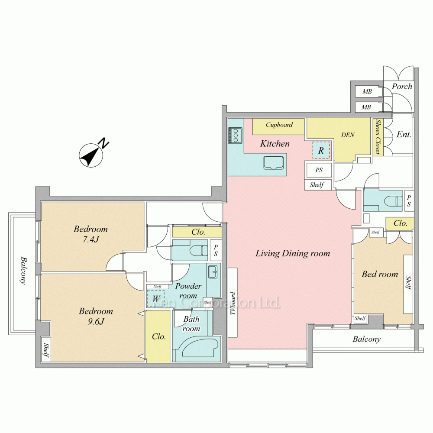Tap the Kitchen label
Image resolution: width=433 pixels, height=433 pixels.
click(275, 144)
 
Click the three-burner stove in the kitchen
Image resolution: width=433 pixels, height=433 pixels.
click(235, 135)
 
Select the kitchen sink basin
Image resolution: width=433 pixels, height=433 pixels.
click(273, 163)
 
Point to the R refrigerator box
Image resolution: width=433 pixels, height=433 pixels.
click(321, 150)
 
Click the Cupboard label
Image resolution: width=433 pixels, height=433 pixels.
click(279, 125)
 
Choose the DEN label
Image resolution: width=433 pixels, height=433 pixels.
click(348, 135)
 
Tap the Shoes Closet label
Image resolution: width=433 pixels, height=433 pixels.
click(378, 136)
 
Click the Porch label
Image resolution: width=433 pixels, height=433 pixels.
click(402, 87)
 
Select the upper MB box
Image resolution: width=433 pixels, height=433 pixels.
click(367, 91)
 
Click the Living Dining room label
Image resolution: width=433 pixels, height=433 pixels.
click(293, 253)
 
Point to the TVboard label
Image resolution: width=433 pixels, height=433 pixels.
click(233, 303)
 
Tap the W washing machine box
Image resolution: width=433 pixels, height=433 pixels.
click(156, 298)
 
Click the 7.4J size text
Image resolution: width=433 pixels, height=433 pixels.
click(90, 239)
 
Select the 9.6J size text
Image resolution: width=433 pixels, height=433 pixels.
click(96, 321)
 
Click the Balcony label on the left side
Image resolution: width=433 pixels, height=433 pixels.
click(24, 270)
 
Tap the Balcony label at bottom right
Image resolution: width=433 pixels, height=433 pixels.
click(366, 339)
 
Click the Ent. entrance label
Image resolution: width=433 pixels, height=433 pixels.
click(404, 135)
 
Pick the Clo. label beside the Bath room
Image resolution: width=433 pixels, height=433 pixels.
click(159, 336)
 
